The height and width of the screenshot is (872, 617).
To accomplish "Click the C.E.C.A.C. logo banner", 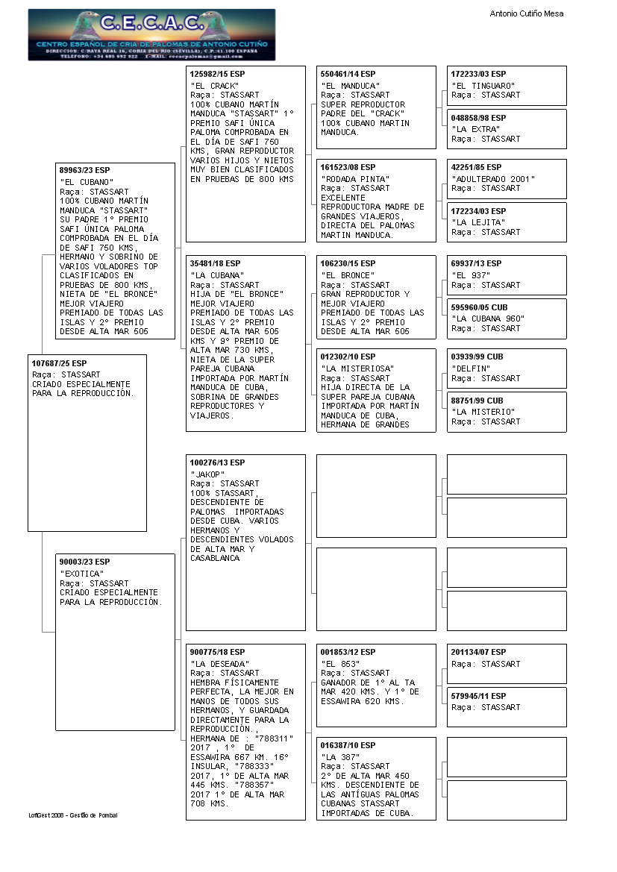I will click(x=151, y=34).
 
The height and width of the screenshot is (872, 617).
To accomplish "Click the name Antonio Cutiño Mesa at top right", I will click(x=526, y=13).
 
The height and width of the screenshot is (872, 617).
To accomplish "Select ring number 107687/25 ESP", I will click(x=60, y=363).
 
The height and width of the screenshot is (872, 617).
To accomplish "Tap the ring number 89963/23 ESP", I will click(x=85, y=169).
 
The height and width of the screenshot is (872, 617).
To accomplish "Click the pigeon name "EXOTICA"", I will click(x=82, y=573).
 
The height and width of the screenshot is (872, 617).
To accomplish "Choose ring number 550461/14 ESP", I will click(x=348, y=74).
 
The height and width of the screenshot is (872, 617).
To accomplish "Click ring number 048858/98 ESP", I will click(x=478, y=118).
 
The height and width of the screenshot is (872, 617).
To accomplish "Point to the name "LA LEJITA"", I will click(x=478, y=222).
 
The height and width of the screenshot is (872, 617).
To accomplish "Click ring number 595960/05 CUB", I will click(x=479, y=307).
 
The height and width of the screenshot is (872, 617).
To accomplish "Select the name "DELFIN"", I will click(x=471, y=368).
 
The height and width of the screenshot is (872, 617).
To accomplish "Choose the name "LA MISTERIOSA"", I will click(x=357, y=368).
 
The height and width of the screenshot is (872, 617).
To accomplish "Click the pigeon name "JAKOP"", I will click(x=207, y=474).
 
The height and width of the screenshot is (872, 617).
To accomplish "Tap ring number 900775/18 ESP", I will click(x=217, y=652).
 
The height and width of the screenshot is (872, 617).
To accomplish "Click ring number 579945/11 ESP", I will click(x=478, y=696).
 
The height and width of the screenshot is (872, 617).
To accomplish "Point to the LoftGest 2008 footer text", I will click(x=73, y=815).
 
